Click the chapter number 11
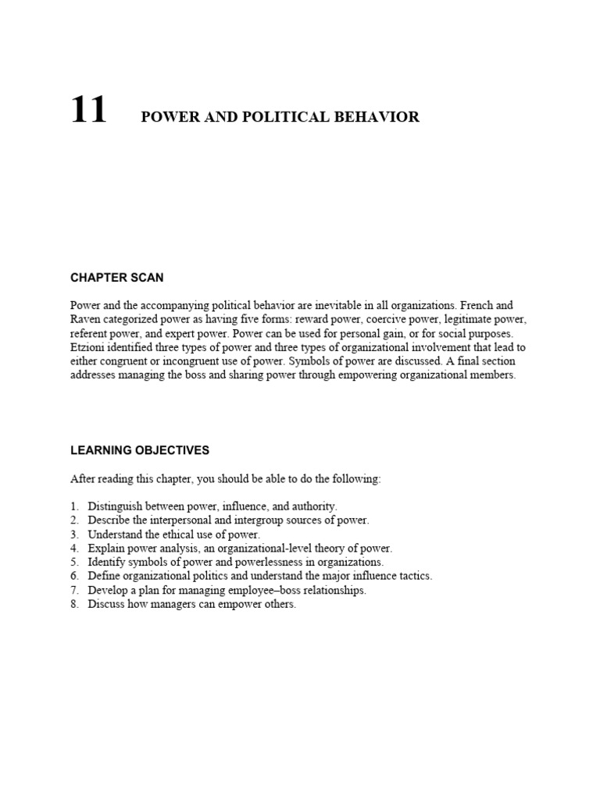[88, 110]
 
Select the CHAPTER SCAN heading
[117, 278]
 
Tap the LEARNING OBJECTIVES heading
[140, 450]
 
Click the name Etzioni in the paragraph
[91, 347]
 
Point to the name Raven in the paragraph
[86, 319]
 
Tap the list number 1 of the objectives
[74, 506]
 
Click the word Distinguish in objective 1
[116, 506]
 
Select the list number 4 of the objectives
[74, 549]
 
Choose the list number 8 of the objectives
[74, 604]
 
